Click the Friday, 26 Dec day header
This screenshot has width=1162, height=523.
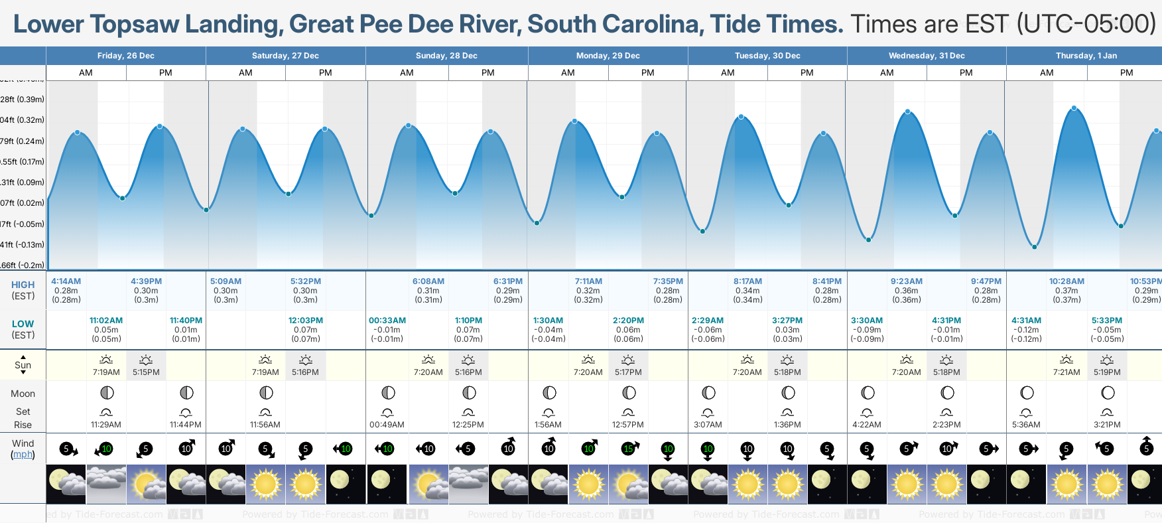(x=125, y=56)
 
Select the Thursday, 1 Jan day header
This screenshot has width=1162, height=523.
(x=1086, y=56)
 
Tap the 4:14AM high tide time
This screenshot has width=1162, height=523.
(x=66, y=281)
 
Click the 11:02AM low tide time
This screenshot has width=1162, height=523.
(x=106, y=321)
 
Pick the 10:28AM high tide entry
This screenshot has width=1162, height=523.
(x=1066, y=281)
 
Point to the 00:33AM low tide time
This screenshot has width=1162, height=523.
(x=387, y=321)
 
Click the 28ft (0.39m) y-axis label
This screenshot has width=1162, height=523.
(x=23, y=100)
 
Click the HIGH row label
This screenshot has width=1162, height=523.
(x=23, y=285)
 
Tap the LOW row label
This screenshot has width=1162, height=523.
(x=23, y=324)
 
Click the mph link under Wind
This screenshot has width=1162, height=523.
(x=23, y=455)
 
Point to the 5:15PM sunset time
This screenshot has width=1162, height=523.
(x=146, y=372)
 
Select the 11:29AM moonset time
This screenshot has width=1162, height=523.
(x=106, y=425)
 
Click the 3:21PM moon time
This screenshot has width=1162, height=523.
(x=1107, y=425)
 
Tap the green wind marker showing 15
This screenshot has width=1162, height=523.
(x=628, y=449)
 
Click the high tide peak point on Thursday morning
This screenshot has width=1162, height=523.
(x=1074, y=108)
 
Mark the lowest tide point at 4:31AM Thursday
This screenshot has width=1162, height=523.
(x=1034, y=247)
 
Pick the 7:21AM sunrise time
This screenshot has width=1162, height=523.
(x=1066, y=372)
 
